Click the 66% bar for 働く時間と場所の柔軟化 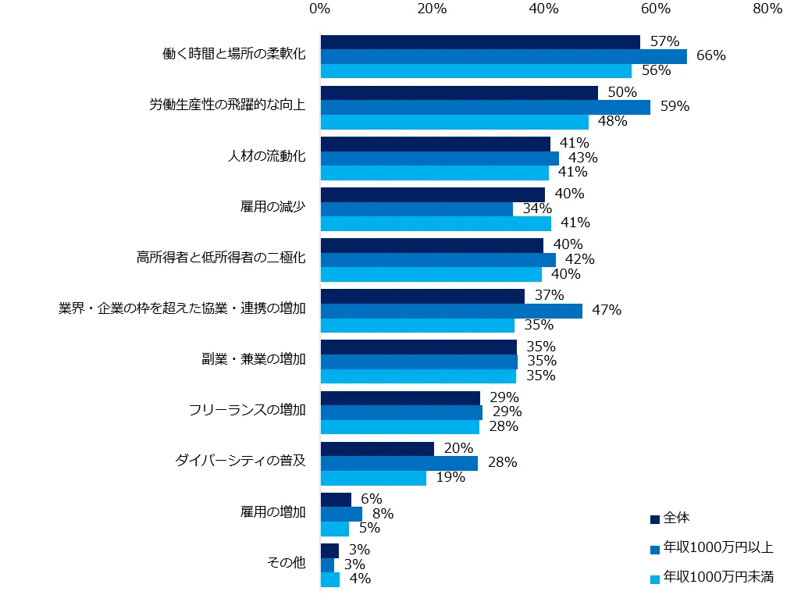pyautogui.click(x=504, y=56)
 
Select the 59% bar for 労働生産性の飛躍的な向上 pyautogui.click(x=485, y=107)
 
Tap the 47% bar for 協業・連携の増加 pyautogui.click(x=451, y=311)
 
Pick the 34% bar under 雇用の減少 pyautogui.click(x=416, y=208)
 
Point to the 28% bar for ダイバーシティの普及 pyautogui.click(x=399, y=463)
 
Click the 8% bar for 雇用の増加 pyautogui.click(x=341, y=514)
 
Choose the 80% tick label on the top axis pyautogui.click(x=767, y=9)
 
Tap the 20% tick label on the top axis pyautogui.click(x=432, y=9)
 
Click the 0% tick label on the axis pyautogui.click(x=319, y=9)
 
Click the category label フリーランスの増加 pyautogui.click(x=247, y=410)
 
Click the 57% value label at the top pyautogui.click(x=665, y=41)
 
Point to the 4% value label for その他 pyautogui.click(x=359, y=579)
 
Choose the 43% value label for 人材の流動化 pyautogui.click(x=583, y=158)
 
